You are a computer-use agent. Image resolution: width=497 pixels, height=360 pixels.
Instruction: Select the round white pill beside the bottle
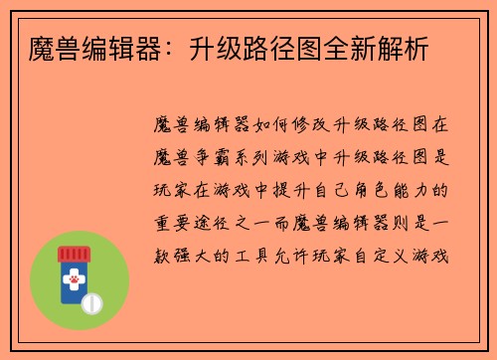click(94, 302)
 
